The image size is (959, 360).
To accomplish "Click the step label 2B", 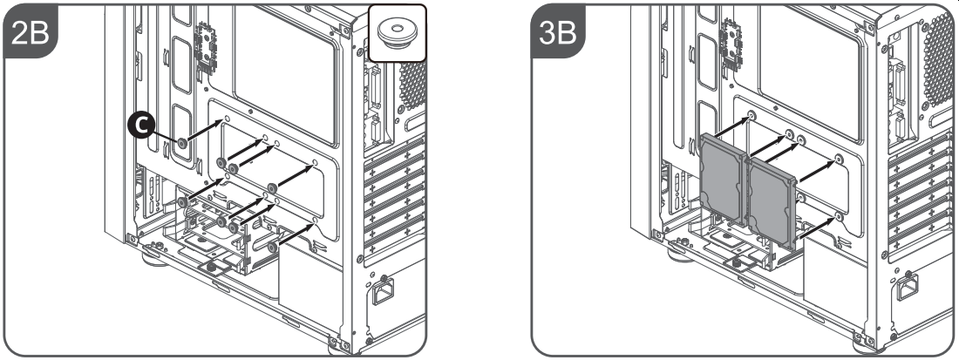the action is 30,34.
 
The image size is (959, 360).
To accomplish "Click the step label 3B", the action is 557,34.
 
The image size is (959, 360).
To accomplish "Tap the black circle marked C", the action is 141,126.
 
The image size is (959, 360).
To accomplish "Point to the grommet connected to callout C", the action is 181,143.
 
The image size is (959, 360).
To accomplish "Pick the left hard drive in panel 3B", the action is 722,181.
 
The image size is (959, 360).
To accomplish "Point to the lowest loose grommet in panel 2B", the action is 271,247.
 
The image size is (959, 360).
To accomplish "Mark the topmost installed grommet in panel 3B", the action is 752,116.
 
